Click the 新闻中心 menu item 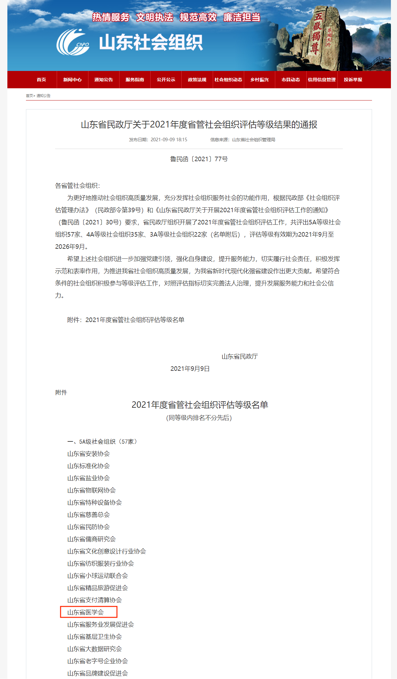(x=72, y=80)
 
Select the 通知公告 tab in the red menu (x=103, y=80)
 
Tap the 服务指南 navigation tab (x=135, y=80)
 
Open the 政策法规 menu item (x=197, y=80)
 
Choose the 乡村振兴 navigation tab (x=260, y=80)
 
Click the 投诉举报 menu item (x=353, y=80)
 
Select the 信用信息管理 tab (x=322, y=80)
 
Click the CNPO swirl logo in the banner (x=73, y=42)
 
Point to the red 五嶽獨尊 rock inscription (x=316, y=34)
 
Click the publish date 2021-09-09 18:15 (x=169, y=140)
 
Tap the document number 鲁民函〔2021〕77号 (x=199, y=159)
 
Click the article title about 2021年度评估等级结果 (x=199, y=125)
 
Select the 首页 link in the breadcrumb (x=29, y=96)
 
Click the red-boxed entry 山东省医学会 (x=86, y=612)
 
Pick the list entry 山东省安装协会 (x=88, y=454)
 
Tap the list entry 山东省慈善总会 (x=88, y=515)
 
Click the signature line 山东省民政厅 (x=240, y=356)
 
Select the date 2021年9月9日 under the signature (x=190, y=369)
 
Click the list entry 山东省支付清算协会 (x=95, y=600)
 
